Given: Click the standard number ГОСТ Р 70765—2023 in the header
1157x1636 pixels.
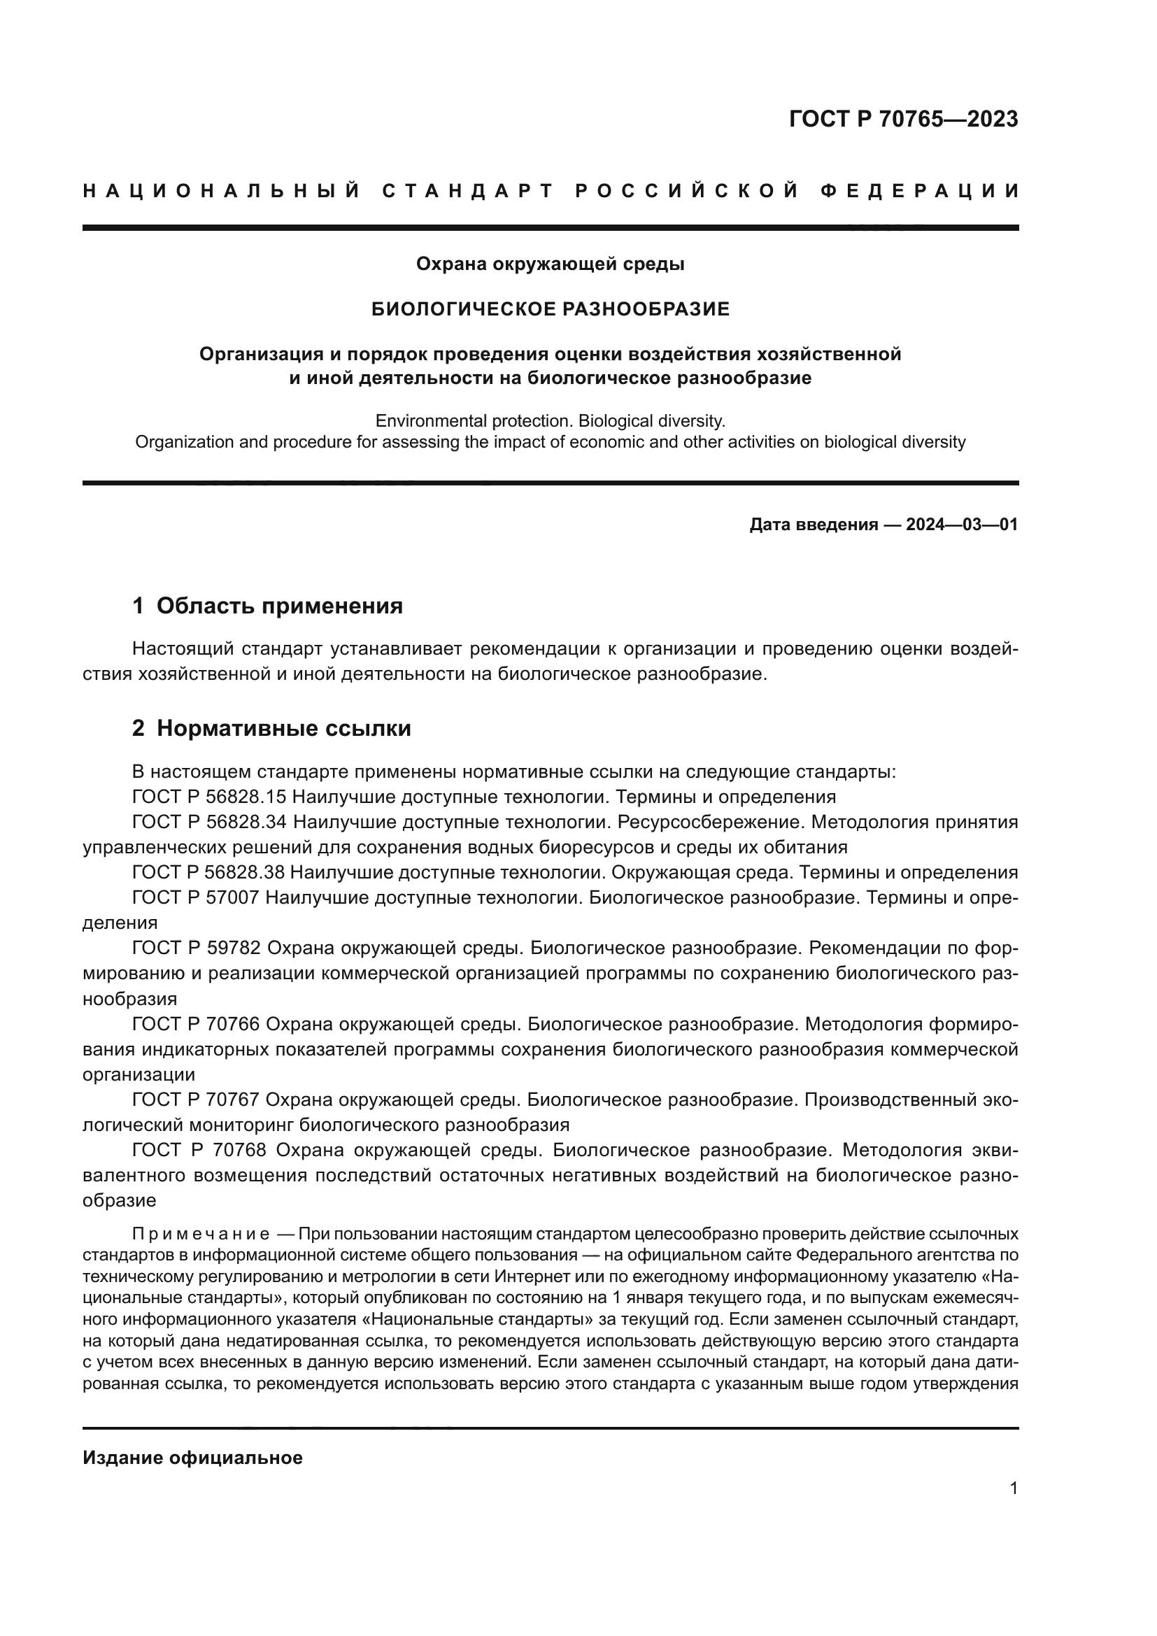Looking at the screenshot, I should [x=903, y=119].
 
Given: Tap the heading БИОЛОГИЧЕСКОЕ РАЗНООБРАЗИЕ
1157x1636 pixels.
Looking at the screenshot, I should [x=551, y=309].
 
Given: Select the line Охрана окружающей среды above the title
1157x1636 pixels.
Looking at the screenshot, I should [x=550, y=264].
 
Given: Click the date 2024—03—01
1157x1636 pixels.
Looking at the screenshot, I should [x=962, y=525].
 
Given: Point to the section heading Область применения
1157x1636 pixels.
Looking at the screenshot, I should [x=279, y=606].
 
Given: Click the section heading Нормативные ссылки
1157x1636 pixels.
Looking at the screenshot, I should [x=283, y=728].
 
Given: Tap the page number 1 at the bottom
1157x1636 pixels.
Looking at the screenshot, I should [x=1014, y=1488].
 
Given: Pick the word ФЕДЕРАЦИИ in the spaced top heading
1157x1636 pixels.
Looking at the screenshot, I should [x=920, y=191].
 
